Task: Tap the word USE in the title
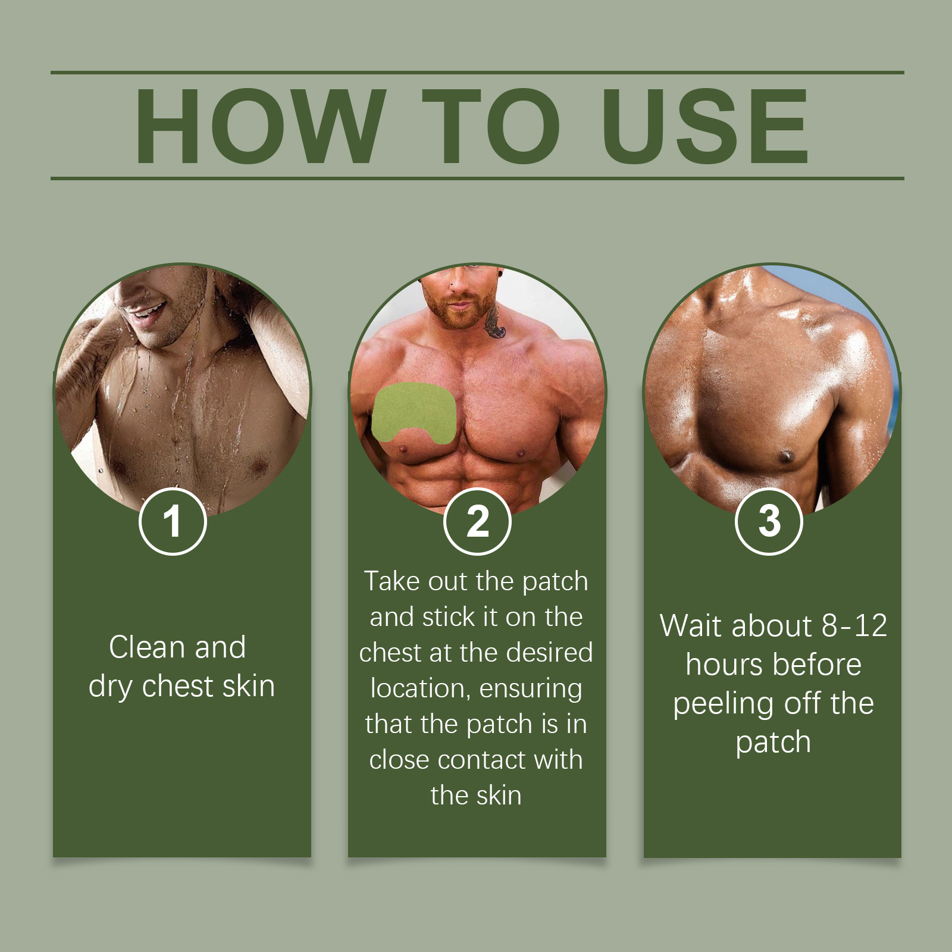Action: (706, 126)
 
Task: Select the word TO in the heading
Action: (491, 126)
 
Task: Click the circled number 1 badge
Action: (173, 521)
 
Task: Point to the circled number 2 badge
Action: (477, 521)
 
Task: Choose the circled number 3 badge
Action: (769, 521)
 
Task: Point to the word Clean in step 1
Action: (147, 647)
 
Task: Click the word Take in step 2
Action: (392, 581)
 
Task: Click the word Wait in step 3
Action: (691, 626)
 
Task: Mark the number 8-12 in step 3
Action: (854, 626)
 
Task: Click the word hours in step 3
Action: (722, 665)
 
